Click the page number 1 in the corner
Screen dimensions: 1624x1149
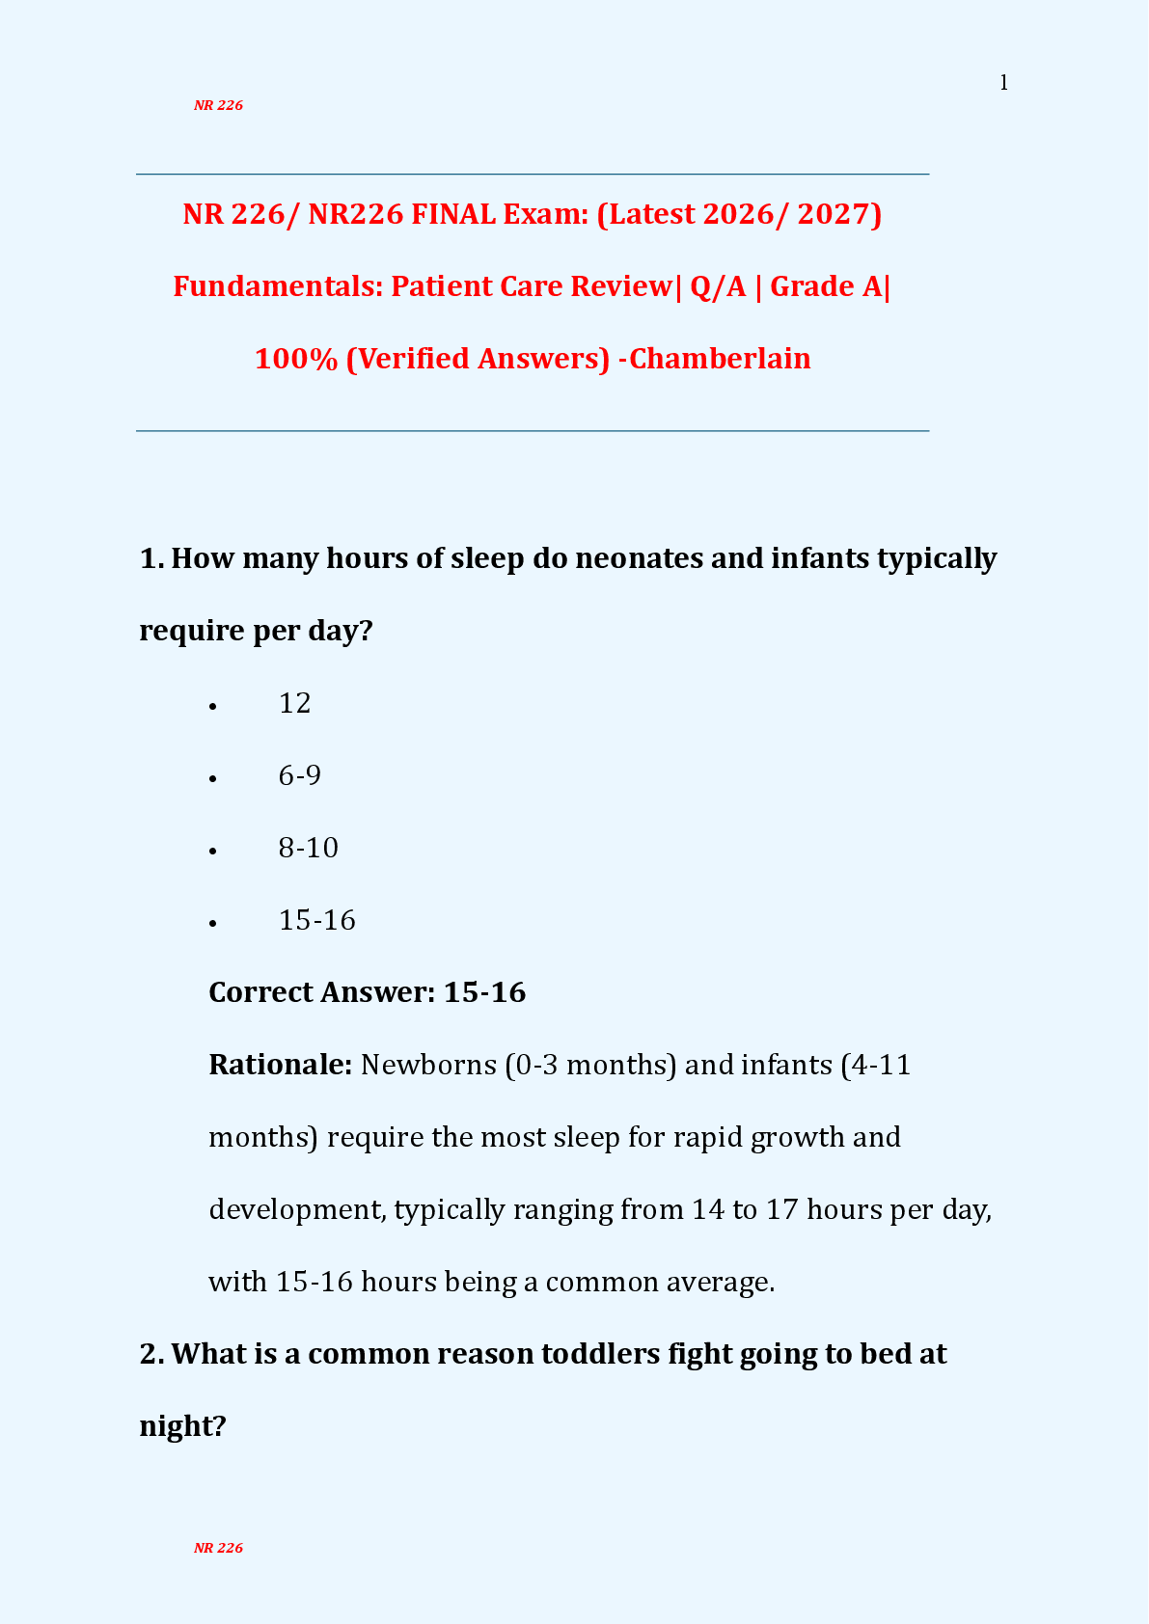1003,83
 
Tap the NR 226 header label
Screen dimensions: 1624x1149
218,105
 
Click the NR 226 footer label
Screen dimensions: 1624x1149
218,1548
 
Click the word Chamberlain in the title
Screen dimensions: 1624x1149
720,359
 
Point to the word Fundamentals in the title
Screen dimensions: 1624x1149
278,286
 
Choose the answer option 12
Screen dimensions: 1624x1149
294,703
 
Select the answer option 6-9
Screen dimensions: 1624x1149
299,775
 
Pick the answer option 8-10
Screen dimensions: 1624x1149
308,848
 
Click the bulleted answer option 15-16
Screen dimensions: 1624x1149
316,920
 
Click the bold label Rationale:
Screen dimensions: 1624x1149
281,1065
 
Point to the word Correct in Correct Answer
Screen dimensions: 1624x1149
260,992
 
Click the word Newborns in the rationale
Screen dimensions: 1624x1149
428,1065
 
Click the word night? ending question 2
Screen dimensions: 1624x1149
182,1426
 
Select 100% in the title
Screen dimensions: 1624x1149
295,359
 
